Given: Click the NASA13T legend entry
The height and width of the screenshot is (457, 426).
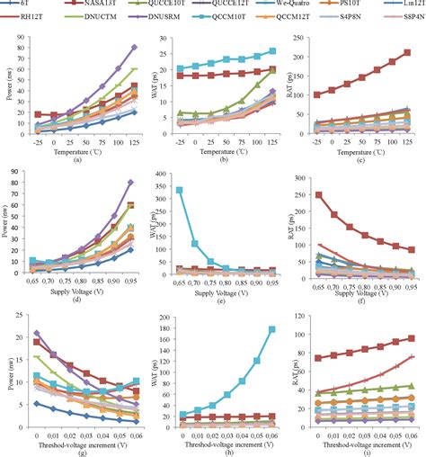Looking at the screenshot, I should [98, 6].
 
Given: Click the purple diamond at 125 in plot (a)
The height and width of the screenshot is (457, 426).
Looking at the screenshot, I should [134, 47].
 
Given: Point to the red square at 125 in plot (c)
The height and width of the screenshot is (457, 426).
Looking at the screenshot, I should [408, 53].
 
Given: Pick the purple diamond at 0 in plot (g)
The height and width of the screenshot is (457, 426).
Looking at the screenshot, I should [36, 333].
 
